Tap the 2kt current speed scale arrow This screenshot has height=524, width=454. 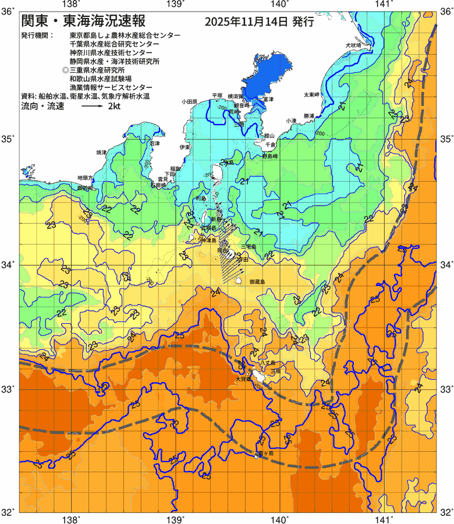point(92,107)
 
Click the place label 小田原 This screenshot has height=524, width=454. point(190,101)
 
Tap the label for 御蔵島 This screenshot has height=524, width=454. point(257,282)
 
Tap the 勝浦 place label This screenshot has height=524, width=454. point(308,116)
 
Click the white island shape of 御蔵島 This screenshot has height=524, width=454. point(239,281)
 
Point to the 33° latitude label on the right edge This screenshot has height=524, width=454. point(445,389)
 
